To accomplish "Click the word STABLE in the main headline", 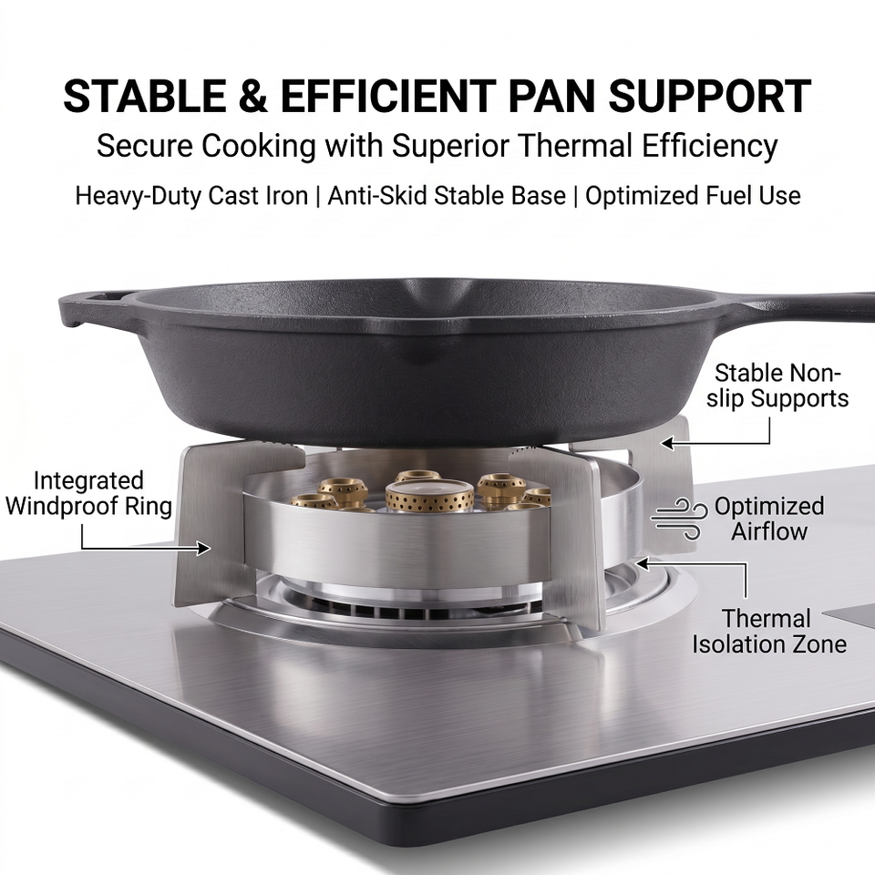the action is (145, 96).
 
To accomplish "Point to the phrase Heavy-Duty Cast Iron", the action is (191, 196).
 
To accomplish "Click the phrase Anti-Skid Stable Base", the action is (447, 196).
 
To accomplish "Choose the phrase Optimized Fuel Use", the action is (693, 196).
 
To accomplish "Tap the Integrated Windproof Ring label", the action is (88, 493).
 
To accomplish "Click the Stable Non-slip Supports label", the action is (777, 386).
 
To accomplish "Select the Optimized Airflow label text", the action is (769, 519).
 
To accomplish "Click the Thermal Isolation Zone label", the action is (769, 632).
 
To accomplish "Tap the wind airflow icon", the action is (679, 520).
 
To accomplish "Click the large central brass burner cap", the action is (429, 497).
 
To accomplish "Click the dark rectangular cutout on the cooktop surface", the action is (849, 613).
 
